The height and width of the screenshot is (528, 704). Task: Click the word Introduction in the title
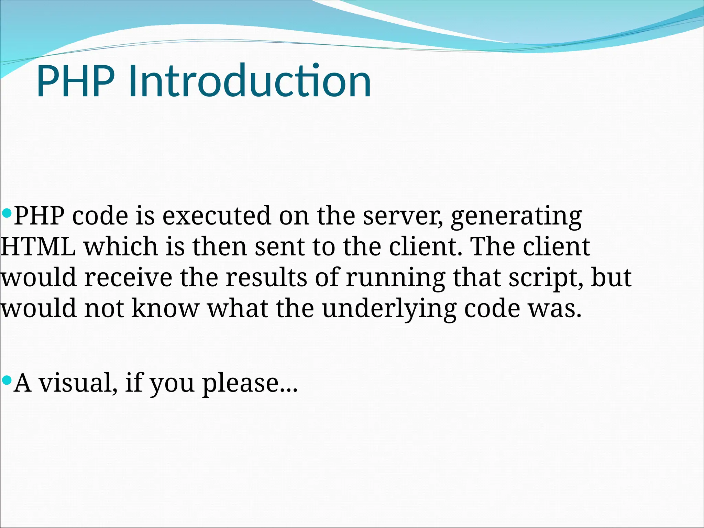(x=250, y=82)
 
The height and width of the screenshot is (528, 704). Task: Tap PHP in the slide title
(x=76, y=82)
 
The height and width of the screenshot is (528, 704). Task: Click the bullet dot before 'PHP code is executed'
(x=7, y=213)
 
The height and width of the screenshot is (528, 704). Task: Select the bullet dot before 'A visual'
(x=7, y=380)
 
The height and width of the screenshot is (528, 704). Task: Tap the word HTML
(x=38, y=246)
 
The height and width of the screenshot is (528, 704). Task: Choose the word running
(x=395, y=278)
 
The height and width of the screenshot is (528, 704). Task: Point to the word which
(x=121, y=246)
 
